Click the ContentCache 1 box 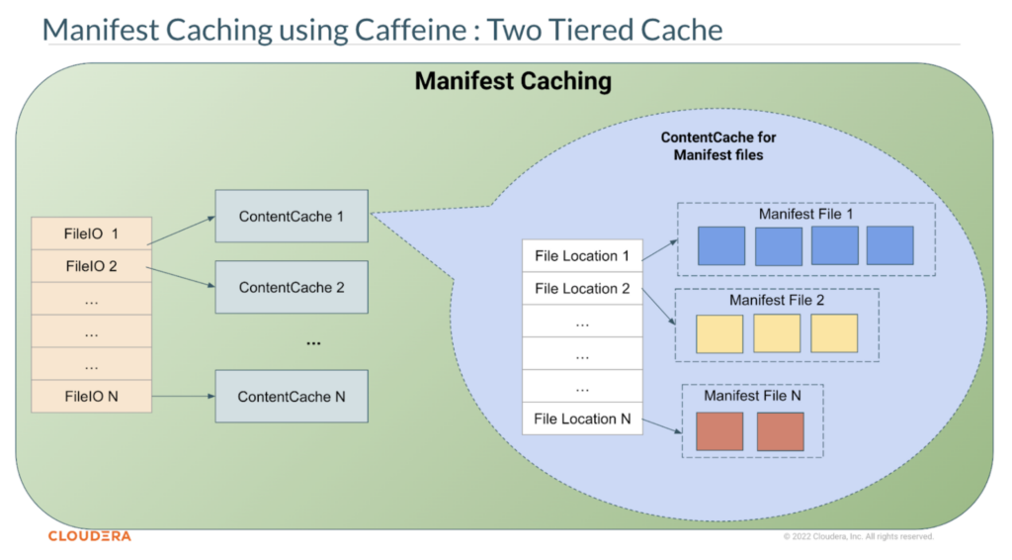point(292,216)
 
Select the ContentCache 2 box point(292,288)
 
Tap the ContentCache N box point(292,397)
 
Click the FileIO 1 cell point(92,233)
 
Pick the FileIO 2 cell point(92,266)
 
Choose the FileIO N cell point(92,397)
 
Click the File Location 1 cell point(582,256)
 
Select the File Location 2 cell point(582,289)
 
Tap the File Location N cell point(582,419)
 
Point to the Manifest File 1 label point(805,214)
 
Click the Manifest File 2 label point(776,300)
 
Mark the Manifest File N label point(752,396)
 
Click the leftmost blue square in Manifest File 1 point(721,245)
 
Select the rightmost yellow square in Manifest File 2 point(834,333)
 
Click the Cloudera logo point(89,536)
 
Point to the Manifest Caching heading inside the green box point(513,81)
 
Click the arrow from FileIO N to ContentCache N point(183,397)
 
